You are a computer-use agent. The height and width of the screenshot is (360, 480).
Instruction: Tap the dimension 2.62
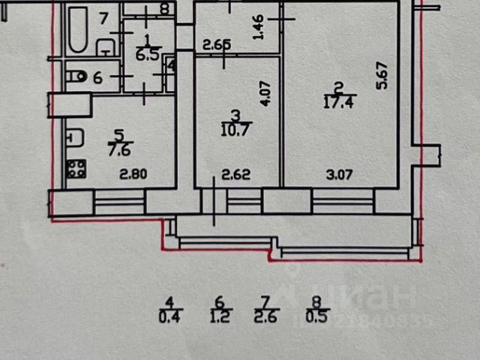235,177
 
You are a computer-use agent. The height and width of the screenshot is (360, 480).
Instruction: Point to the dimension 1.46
257,28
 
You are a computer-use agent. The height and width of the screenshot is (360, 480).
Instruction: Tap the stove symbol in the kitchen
76,169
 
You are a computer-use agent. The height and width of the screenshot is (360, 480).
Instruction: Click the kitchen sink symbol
73,137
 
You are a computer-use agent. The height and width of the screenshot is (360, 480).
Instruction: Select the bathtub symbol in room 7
77,30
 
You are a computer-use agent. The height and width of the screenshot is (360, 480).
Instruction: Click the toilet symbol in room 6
76,76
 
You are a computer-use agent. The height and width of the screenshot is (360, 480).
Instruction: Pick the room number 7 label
104,13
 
